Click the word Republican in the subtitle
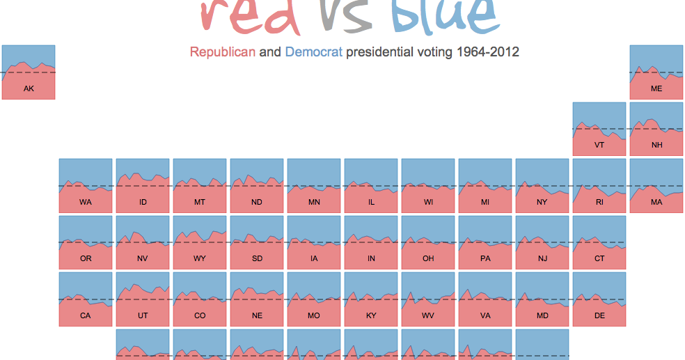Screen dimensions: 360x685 pyautogui.click(x=222, y=52)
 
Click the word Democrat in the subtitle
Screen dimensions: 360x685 pyautogui.click(x=313, y=52)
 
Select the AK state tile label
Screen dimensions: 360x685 pyautogui.click(x=29, y=88)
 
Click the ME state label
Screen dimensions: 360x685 pyautogui.click(x=656, y=88)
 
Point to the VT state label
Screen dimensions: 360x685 pyautogui.click(x=599, y=146)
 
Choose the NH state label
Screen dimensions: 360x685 pyautogui.click(x=656, y=146)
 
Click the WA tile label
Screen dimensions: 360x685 pyautogui.click(x=86, y=202)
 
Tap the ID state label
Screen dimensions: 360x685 pyautogui.click(x=143, y=202)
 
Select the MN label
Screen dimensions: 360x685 pyautogui.click(x=314, y=202)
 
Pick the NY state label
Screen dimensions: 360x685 pyautogui.click(x=542, y=202)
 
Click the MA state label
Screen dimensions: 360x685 pyautogui.click(x=656, y=202)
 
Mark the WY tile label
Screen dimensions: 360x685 pyautogui.click(x=200, y=259)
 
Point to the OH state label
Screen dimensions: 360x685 pyautogui.click(x=428, y=259)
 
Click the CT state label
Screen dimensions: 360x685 pyautogui.click(x=599, y=259)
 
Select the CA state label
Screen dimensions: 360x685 pyautogui.click(x=86, y=315)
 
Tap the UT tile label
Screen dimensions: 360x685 pyautogui.click(x=143, y=315)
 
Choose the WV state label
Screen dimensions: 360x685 pyautogui.click(x=428, y=315)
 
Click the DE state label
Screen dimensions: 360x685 pyautogui.click(x=599, y=315)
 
